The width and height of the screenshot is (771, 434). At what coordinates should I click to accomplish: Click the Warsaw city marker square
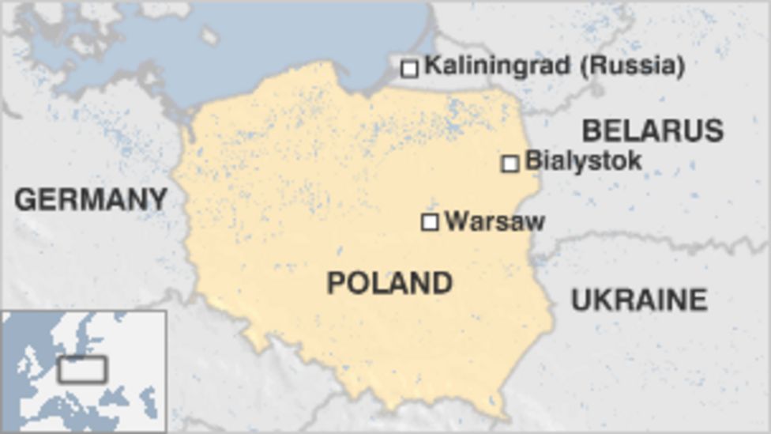(430, 222)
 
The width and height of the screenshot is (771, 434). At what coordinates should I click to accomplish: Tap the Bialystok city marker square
(510, 164)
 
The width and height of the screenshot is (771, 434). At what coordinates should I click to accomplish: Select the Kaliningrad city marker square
(409, 69)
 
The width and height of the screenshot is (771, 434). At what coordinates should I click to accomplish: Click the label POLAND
(389, 283)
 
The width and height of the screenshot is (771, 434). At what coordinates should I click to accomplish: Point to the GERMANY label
(91, 199)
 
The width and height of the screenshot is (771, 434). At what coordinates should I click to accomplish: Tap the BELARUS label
(653, 130)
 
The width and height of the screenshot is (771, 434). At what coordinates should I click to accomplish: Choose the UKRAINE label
(638, 300)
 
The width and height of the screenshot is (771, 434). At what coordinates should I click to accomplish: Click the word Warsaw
(495, 221)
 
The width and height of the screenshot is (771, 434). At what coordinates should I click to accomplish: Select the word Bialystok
(583, 161)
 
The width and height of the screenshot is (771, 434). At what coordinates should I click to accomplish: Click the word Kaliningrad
(497, 66)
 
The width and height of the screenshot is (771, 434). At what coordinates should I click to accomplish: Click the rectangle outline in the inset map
(82, 369)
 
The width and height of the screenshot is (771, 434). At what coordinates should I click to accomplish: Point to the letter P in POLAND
(336, 283)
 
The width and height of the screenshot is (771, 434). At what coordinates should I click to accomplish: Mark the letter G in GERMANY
(26, 199)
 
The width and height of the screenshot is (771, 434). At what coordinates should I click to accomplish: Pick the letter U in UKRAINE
(581, 300)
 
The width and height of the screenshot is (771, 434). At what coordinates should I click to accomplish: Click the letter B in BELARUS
(592, 130)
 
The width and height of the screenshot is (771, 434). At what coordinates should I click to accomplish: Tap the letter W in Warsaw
(455, 221)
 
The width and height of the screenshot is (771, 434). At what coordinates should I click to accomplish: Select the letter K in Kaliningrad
(433, 66)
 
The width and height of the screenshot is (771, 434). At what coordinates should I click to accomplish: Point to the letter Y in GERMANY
(158, 199)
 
